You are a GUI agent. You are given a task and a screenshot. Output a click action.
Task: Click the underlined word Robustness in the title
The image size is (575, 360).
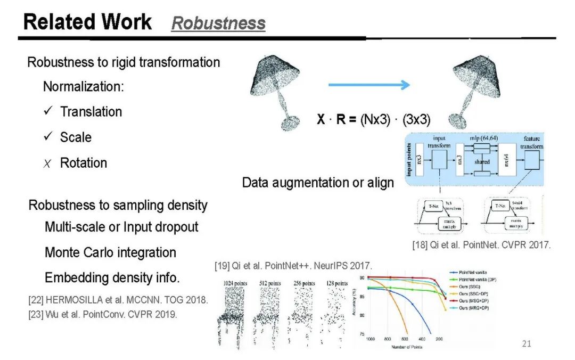point(218,23)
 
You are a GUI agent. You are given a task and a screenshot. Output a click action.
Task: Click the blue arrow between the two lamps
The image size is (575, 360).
point(369,85)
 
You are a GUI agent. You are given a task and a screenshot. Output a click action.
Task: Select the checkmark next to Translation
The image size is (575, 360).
point(48,111)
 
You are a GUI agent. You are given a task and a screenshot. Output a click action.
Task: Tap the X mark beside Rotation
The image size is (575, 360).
point(48,163)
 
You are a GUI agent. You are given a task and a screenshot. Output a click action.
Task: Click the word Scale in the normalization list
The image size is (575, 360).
point(76,137)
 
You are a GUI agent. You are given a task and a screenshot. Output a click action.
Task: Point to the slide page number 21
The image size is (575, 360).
point(526,343)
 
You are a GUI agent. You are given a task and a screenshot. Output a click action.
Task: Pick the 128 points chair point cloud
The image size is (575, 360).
point(336,314)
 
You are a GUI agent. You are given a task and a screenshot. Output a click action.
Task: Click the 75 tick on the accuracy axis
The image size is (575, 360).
point(362,334)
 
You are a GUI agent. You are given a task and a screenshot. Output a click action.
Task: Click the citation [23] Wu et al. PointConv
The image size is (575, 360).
point(103,314)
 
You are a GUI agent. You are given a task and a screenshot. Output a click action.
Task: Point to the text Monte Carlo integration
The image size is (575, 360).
point(110,252)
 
